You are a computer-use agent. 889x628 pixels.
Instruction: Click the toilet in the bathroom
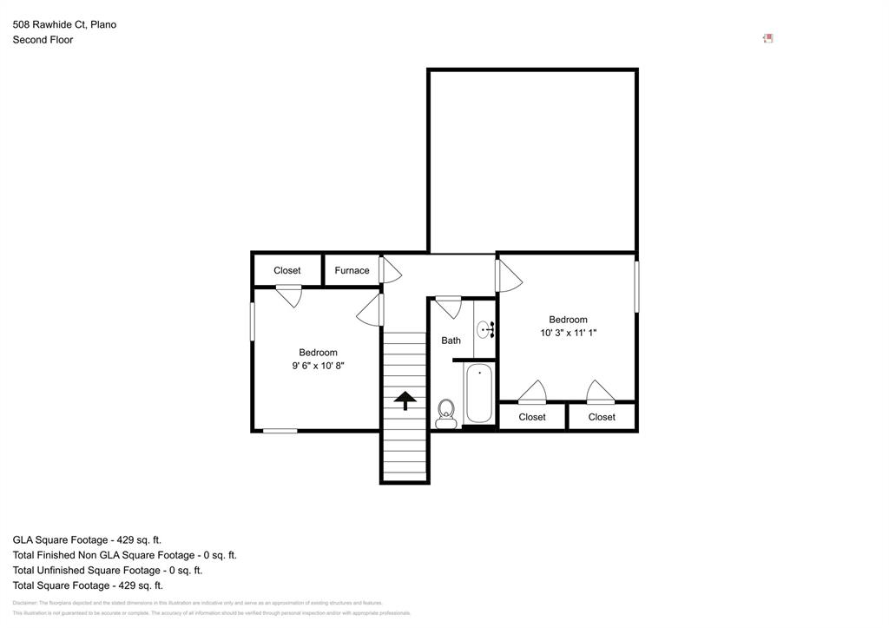tap(446, 412)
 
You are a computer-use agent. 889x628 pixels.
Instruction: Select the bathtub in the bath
tap(479, 393)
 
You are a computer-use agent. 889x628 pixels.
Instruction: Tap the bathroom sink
tap(484, 330)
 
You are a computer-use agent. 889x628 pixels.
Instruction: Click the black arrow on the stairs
tap(405, 400)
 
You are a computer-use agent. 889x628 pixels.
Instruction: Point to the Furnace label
tap(352, 270)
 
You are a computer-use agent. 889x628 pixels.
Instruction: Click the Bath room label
tap(451, 340)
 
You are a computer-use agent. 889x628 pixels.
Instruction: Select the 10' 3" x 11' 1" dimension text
tap(568, 333)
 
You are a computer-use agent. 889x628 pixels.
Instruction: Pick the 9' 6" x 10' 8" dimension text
tap(318, 366)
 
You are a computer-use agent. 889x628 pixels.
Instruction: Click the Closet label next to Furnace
tap(286, 270)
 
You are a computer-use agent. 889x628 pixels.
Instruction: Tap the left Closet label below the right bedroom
tap(532, 417)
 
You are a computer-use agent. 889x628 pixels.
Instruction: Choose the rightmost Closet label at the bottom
tap(602, 417)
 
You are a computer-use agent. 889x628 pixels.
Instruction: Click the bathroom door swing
tap(449, 306)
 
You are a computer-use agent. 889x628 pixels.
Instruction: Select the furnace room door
tap(390, 270)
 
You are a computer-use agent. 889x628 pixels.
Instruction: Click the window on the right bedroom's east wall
tap(636, 287)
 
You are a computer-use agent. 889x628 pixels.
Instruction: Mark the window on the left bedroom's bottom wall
tap(280, 430)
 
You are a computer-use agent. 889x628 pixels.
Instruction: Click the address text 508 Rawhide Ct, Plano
tap(64, 24)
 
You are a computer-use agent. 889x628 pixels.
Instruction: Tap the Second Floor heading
tap(43, 40)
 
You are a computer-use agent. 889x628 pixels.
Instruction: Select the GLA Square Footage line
tap(87, 539)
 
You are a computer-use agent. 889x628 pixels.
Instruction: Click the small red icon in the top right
tap(767, 38)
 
